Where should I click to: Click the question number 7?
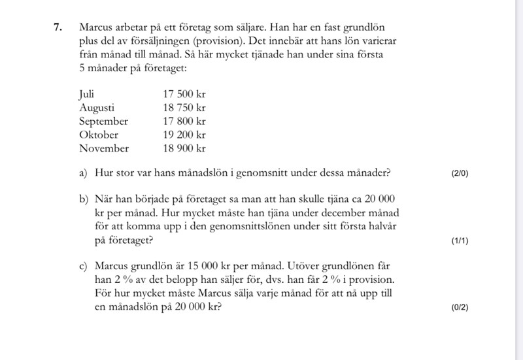point(58,28)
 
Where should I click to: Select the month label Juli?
point(87,93)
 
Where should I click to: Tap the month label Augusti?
point(97,108)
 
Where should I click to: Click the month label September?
point(103,122)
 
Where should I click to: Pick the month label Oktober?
point(99,135)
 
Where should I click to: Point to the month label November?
point(104,148)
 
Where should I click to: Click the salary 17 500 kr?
point(184,94)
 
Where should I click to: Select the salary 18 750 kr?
point(184,108)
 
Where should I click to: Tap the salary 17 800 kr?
point(184,122)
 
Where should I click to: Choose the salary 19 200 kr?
point(184,135)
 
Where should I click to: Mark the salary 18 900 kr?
point(184,148)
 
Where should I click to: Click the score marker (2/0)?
point(460,174)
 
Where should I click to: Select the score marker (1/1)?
point(460,241)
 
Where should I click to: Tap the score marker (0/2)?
point(460,308)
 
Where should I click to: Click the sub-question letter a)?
point(83,173)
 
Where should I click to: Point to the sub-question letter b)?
point(83,199)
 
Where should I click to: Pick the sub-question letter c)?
point(83,267)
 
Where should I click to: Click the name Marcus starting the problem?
point(96,28)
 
